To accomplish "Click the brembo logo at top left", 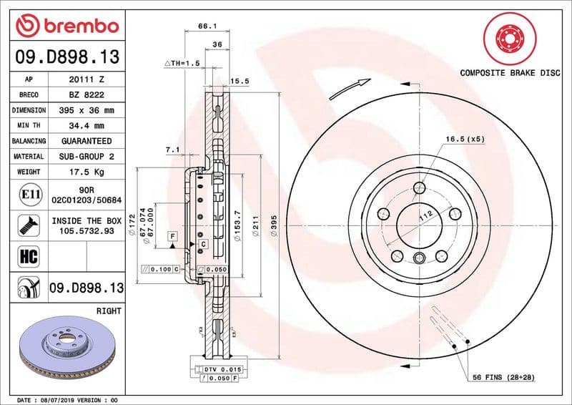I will pos(66,26).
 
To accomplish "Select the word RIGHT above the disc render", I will pos(109,311).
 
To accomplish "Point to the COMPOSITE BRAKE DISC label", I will pos(509,73).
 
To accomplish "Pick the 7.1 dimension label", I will pos(172,150).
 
